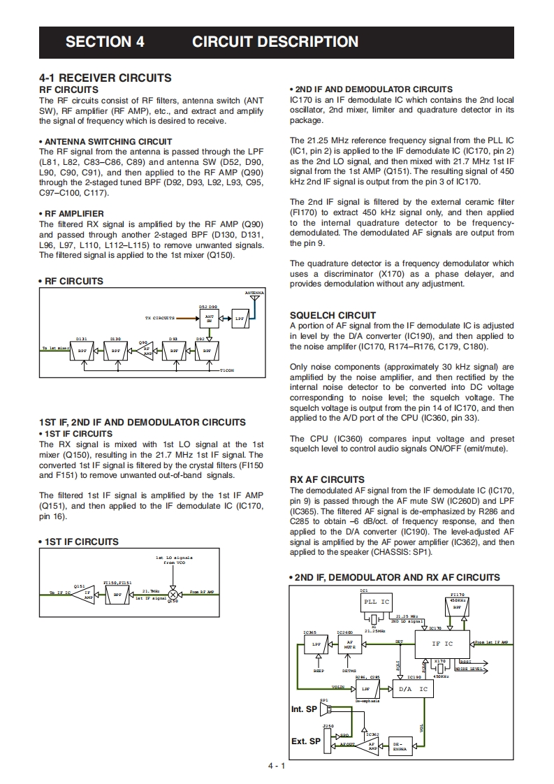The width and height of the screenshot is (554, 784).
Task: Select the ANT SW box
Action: coord(209,318)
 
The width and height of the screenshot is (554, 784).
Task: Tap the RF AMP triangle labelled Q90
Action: coord(146,350)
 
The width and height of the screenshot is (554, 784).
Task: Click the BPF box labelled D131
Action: coord(82,351)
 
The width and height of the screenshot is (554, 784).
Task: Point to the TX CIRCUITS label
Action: coord(159,318)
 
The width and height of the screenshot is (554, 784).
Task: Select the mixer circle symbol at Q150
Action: coord(173,593)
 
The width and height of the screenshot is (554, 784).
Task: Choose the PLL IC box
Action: coord(376,602)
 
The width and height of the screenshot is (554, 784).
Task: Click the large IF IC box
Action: coord(442,644)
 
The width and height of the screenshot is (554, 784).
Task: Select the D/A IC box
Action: coord(412,689)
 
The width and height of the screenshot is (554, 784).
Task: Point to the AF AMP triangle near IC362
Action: coord(372,746)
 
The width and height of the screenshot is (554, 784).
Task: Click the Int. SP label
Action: coord(304,709)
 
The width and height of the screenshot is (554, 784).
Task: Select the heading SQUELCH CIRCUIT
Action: coord(333,315)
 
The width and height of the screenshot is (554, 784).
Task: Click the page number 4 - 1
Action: coord(277,767)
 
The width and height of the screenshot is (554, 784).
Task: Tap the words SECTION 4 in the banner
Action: coord(105,41)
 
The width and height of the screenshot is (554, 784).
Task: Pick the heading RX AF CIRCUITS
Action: coord(327,479)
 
